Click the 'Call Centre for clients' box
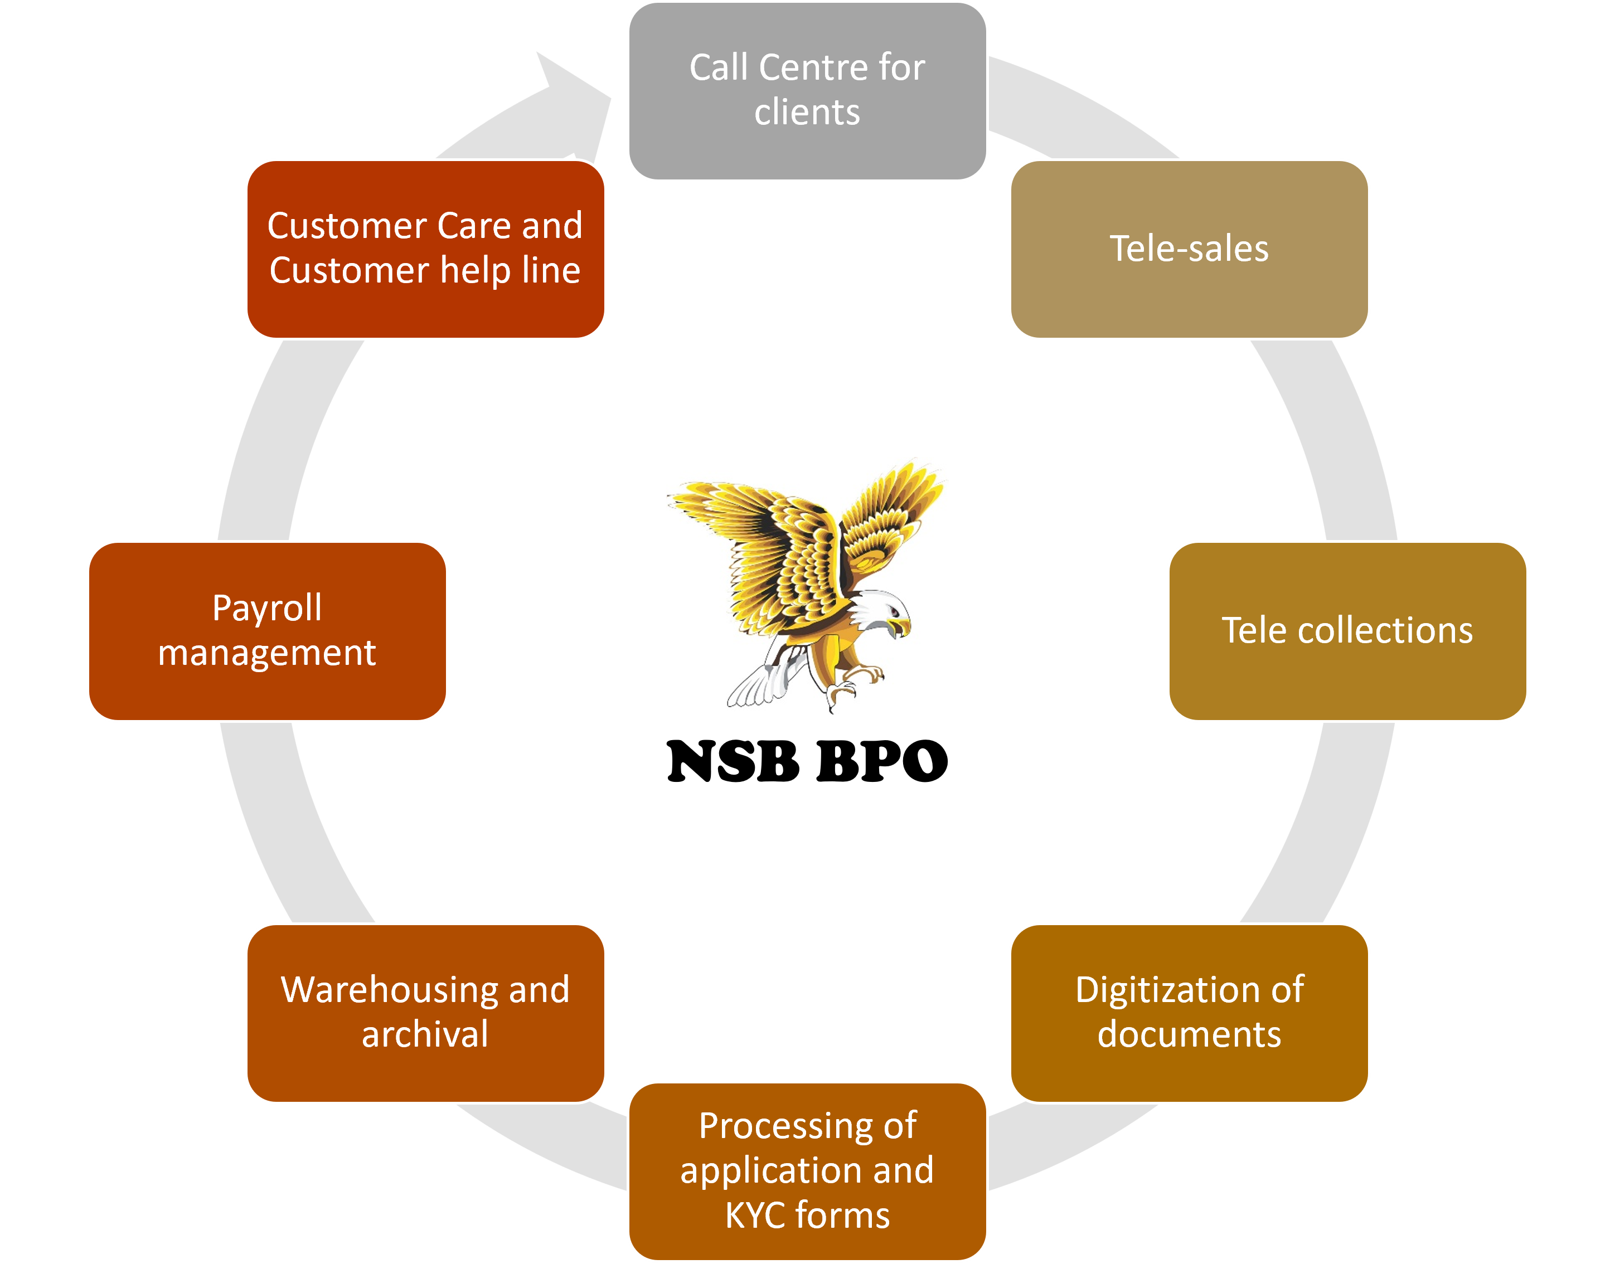pyautogui.click(x=807, y=90)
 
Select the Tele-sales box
pyautogui.click(x=1189, y=249)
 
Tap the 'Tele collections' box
pyautogui.click(x=1347, y=630)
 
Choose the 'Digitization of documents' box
pyautogui.click(x=1189, y=1013)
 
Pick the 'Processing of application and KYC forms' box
pyautogui.click(x=807, y=1171)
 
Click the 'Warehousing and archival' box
pyautogui.click(x=425, y=1013)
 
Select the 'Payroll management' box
pyautogui.click(x=267, y=630)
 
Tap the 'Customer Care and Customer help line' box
pyautogui.click(x=425, y=249)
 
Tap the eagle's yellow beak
pyautogui.click(x=901, y=628)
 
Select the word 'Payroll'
pyautogui.click(x=267, y=609)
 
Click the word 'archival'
pyautogui.click(x=425, y=1034)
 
